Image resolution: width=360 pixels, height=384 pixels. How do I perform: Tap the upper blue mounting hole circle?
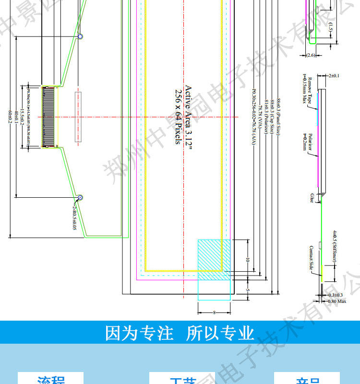(81, 36)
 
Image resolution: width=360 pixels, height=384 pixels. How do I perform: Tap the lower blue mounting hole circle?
(81, 197)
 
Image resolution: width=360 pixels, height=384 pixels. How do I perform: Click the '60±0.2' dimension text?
(10, 117)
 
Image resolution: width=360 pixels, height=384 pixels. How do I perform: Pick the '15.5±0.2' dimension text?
(22, 117)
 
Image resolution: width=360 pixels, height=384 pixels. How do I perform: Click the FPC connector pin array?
(48, 117)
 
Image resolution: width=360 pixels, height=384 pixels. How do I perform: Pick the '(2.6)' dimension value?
(311, 55)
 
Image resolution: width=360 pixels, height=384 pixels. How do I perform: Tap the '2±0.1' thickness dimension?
(334, 75)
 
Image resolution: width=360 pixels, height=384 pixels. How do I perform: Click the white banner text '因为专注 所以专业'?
(180, 333)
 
